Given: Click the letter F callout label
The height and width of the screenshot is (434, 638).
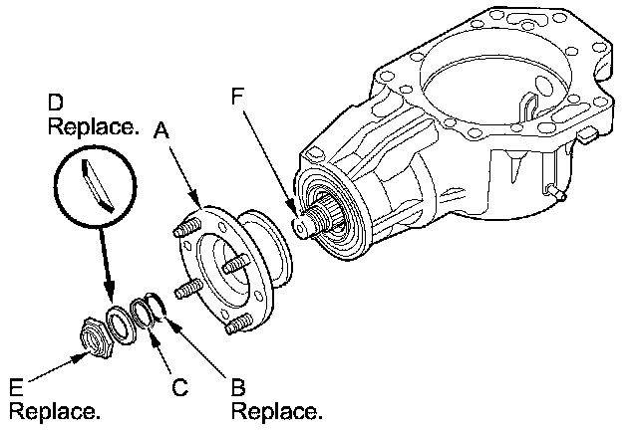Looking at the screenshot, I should point(236,97).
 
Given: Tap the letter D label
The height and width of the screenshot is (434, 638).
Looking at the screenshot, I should point(56,103).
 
